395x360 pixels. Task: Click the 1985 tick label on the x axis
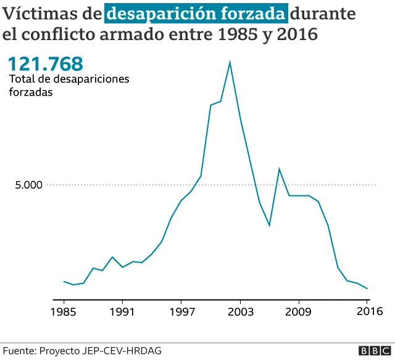click(64, 311)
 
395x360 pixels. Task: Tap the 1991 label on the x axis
click(122, 311)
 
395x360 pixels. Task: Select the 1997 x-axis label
click(181, 311)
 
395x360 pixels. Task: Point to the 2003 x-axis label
click(240, 311)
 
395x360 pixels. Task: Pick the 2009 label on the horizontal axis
click(299, 311)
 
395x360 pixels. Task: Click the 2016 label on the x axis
click(367, 311)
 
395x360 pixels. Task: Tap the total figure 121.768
click(44, 63)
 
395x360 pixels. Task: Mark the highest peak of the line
click(230, 62)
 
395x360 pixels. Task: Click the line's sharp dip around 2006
click(269, 226)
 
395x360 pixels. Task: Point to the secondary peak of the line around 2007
click(279, 169)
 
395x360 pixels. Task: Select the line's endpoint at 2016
click(367, 288)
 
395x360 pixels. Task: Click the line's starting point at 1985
click(64, 281)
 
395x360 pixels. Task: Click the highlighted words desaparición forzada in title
click(196, 13)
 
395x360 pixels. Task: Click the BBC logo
click(371, 350)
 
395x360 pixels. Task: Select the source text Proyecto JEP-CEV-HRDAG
click(101, 350)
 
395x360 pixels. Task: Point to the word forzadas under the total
click(31, 92)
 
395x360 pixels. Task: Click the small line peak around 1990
click(112, 257)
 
